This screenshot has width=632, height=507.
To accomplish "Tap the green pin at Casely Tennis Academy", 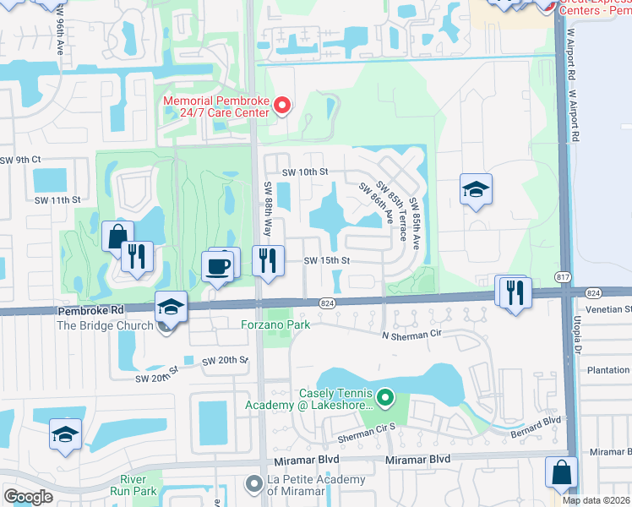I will click(x=386, y=395).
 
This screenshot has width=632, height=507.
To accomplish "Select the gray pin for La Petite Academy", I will click(x=253, y=484).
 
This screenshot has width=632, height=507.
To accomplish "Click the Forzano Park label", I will click(x=275, y=324).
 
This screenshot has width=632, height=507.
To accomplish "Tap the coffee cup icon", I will click(x=218, y=266).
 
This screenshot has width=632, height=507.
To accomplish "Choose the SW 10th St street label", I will click(x=304, y=172).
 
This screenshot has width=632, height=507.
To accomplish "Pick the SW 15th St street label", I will click(x=327, y=261).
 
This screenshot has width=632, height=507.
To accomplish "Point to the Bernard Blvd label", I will click(x=536, y=421).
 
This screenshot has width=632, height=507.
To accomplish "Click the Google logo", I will click(x=28, y=497).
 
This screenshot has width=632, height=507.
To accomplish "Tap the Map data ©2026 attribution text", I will click(x=596, y=500).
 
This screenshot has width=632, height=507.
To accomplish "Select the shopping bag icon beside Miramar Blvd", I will click(x=562, y=473).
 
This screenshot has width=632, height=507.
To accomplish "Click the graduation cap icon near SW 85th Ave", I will click(x=476, y=190).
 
